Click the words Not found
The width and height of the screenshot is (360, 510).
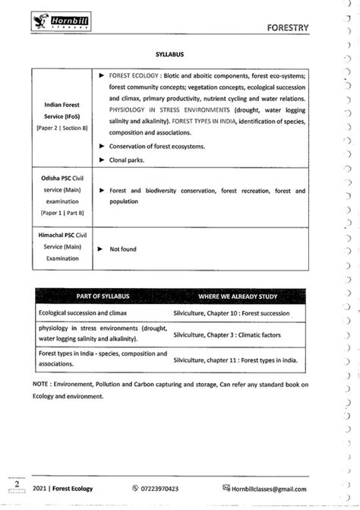coord(123,249)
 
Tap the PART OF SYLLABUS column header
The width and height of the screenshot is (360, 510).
coord(103,295)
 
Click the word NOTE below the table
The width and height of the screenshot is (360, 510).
coord(41,385)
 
